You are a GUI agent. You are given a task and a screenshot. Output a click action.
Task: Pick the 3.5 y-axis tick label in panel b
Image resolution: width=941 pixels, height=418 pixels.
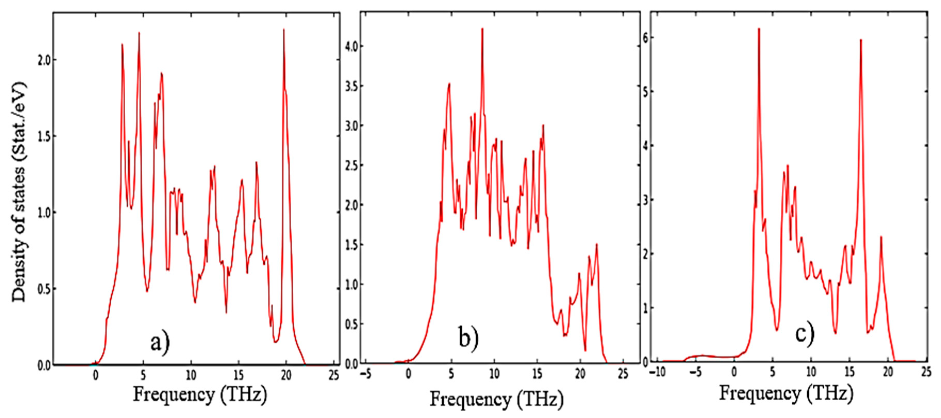click(x=351, y=86)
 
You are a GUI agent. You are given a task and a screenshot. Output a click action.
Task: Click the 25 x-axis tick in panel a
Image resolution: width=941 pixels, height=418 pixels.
click(x=333, y=375)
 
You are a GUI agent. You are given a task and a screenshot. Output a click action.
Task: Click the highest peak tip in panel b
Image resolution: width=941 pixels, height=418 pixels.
click(x=482, y=28)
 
